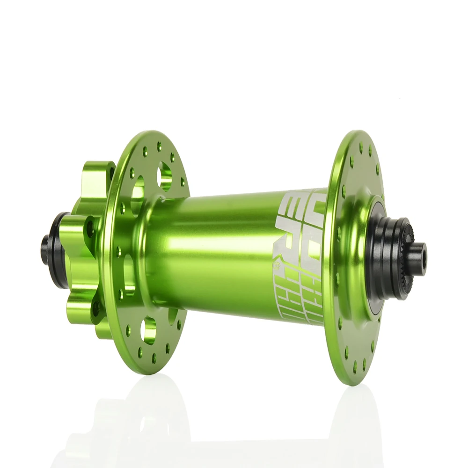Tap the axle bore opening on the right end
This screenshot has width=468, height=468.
[424, 259]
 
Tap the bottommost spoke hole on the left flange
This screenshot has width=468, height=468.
[154, 359]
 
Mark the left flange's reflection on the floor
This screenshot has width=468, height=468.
[150, 421]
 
